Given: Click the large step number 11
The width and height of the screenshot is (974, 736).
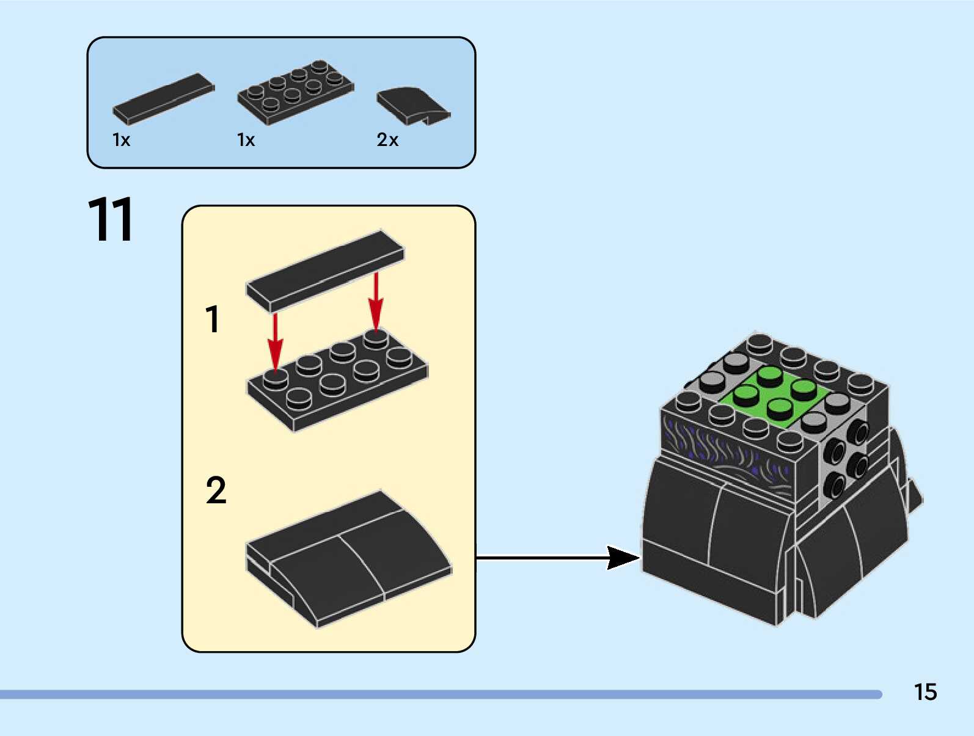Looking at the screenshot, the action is tap(110, 219).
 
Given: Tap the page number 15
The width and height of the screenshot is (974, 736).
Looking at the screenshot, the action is tap(925, 692).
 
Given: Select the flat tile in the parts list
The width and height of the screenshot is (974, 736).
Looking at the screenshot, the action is tap(164, 99).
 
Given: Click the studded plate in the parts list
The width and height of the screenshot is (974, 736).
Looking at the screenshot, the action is tap(296, 92).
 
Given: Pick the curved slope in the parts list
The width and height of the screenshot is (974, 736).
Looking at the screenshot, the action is tap(414, 106).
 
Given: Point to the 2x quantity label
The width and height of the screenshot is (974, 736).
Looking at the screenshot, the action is tap(387, 140).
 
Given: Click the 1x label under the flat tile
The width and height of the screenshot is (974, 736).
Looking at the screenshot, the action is tap(121, 140).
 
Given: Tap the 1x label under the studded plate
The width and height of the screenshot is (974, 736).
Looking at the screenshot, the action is tap(246, 140).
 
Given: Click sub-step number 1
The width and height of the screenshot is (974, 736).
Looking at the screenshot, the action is tap(213, 319).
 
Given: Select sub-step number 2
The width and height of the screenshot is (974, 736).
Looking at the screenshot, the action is tap(216, 490).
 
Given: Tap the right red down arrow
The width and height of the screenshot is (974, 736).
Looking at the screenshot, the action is tap(376, 302).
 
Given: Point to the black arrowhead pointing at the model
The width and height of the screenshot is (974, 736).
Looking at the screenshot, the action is tap(623, 558).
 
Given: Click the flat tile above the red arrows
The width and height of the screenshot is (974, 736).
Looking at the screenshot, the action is tap(325, 271).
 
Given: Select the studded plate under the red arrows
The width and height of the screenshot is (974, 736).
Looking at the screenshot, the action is tap(338, 381).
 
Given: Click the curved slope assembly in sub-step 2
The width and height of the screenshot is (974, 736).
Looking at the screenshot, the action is tap(349, 559).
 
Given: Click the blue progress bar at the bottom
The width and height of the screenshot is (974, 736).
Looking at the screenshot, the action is tap(441, 694).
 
